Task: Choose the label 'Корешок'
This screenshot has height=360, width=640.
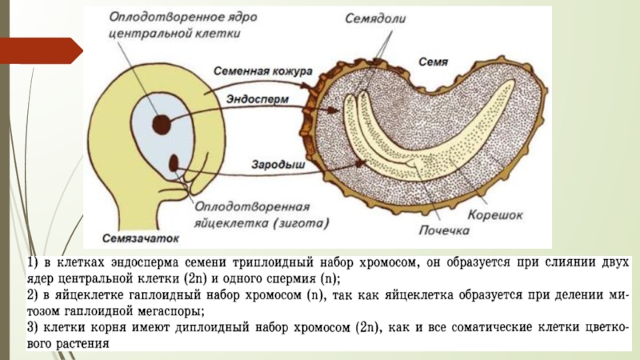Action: click(x=496, y=215)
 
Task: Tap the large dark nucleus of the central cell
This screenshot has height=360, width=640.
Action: click(x=162, y=124)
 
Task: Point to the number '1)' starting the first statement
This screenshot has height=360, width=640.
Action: click(x=30, y=262)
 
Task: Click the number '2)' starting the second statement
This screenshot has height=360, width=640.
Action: click(x=30, y=295)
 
